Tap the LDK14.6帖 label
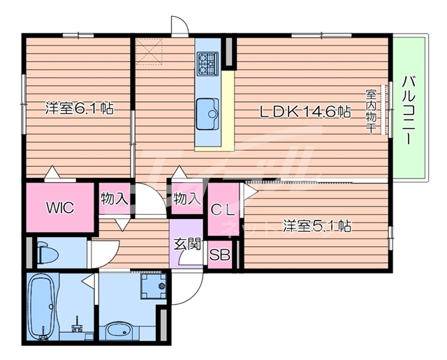pos(305,111)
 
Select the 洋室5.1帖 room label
pos(316,226)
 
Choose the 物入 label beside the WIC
pos(114,199)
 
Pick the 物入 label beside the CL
pos(186,199)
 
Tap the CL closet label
pos(223,207)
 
